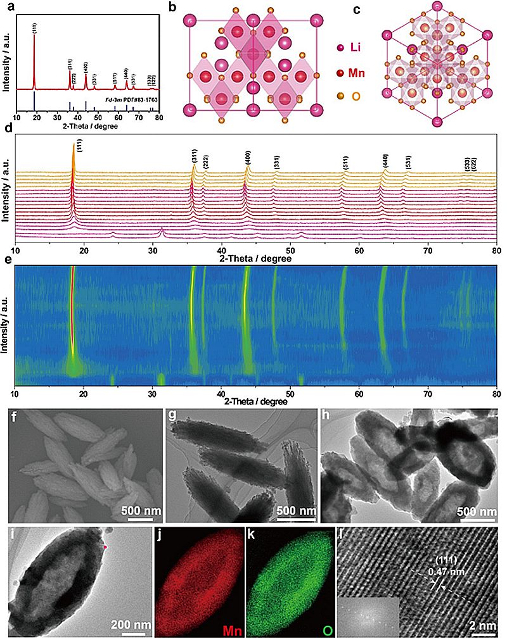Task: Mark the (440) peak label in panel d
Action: pos(385,160)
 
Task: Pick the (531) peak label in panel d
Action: pos(406,163)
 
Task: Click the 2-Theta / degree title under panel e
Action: pos(253,401)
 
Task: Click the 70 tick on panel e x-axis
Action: pos(427,392)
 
